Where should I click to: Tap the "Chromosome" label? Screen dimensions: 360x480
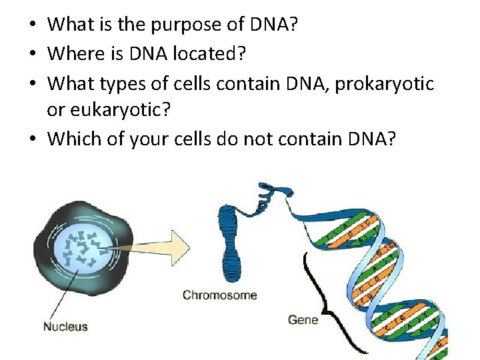point(219,295)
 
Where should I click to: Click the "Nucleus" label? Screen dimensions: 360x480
point(65,327)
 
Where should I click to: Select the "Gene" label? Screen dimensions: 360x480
point(303,320)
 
